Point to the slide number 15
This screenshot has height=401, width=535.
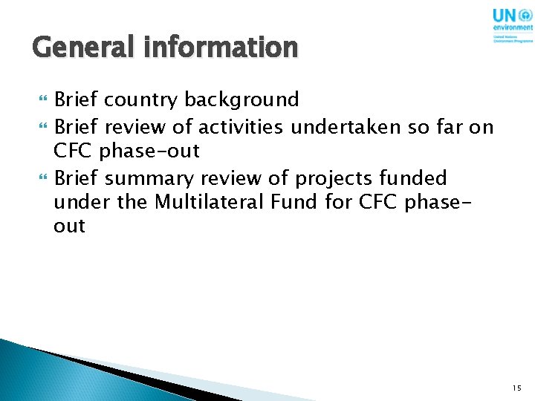(517, 388)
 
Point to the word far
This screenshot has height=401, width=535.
(448, 128)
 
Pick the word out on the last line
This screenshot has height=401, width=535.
(70, 226)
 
